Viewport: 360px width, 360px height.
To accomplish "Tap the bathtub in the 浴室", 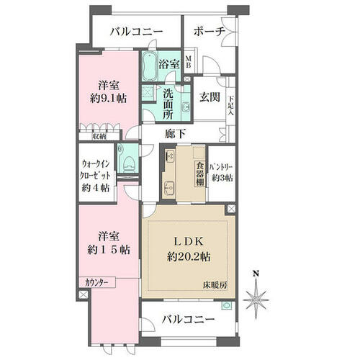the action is pos(149,66).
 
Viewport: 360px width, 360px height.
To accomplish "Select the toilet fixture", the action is pos(127,163).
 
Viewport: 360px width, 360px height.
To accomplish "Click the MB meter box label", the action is pos(189,61).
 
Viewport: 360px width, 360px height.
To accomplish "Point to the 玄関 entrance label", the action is pos(210,97).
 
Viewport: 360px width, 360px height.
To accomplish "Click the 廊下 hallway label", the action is pos(175,134).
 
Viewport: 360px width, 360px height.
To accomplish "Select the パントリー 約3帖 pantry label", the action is pos(222,172).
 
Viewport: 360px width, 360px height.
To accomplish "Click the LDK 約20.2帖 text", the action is pos(189,249).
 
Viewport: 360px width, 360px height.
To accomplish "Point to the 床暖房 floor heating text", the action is pos(215,285).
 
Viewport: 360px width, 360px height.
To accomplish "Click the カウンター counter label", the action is pos(96,282).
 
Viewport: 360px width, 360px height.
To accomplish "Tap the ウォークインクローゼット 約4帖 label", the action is pos(96,176).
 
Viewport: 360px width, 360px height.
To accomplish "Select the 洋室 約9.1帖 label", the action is pos(109,91).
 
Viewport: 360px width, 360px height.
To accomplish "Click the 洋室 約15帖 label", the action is pos(109,243).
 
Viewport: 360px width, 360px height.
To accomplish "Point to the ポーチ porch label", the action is pos(210,32).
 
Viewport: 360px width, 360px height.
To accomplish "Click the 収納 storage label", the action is pos(99,137).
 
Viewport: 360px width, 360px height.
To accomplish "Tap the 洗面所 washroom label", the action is pos(168,104).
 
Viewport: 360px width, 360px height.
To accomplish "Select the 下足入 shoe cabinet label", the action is pos(231,106).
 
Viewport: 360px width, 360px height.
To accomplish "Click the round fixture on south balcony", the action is pos(227,306).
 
